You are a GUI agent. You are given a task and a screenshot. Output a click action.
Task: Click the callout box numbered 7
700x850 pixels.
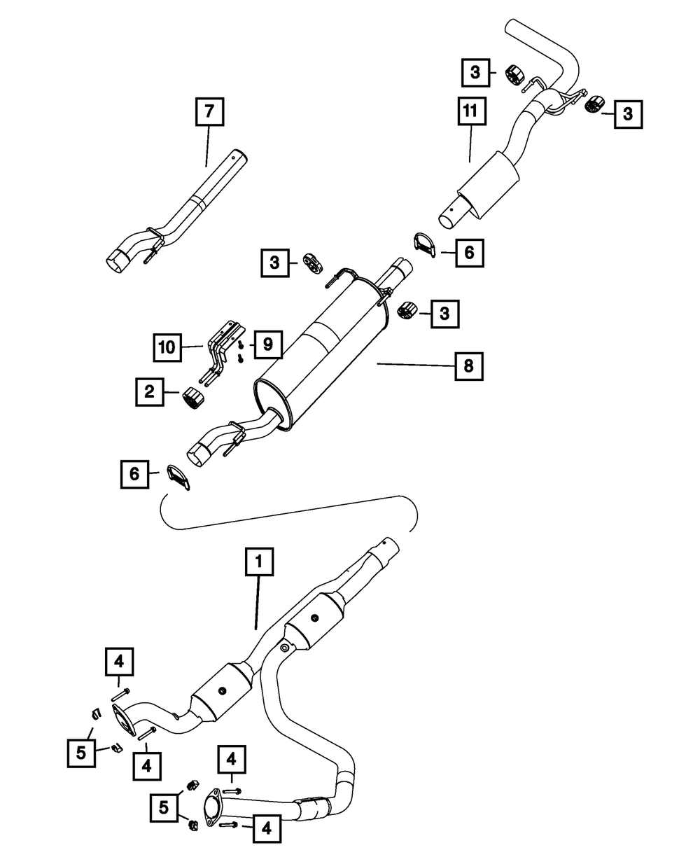(x=209, y=112)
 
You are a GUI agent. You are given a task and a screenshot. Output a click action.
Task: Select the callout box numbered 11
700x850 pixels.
(x=473, y=112)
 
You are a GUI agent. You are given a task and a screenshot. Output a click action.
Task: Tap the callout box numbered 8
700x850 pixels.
(x=468, y=365)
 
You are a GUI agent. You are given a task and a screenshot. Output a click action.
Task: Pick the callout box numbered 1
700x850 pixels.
(x=259, y=562)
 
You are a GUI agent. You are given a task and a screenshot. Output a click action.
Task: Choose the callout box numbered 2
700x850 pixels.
(x=150, y=393)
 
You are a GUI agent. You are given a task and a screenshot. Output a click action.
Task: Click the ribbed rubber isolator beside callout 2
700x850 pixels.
(x=192, y=399)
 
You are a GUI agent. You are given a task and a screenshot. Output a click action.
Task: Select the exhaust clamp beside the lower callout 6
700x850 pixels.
(x=180, y=478)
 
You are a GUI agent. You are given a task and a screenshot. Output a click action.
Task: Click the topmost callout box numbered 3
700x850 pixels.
(x=476, y=72)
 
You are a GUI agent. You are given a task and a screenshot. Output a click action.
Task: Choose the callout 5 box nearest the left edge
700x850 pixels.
(x=82, y=753)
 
